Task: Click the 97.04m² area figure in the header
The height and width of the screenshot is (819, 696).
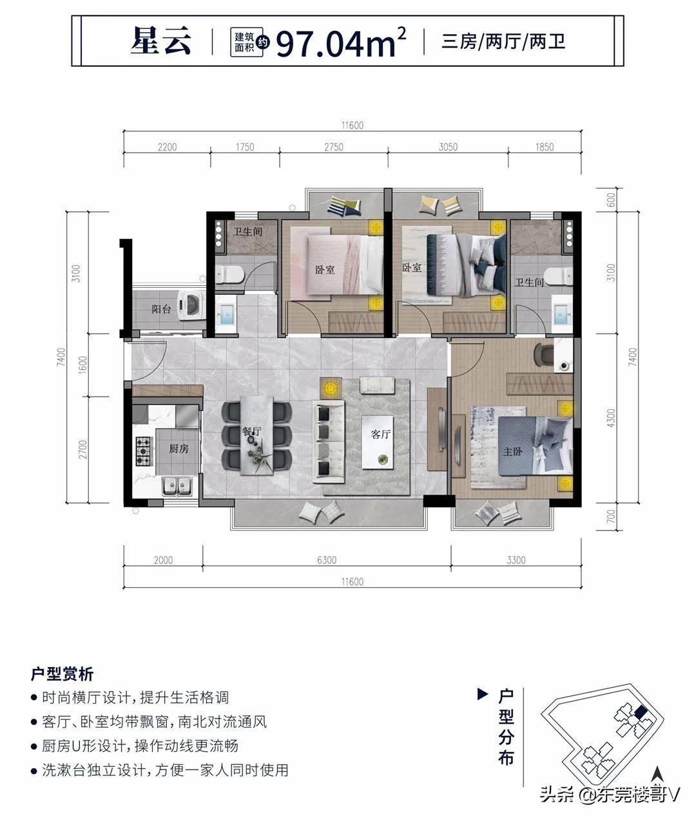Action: click(341, 42)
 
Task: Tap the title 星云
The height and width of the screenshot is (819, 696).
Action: click(161, 41)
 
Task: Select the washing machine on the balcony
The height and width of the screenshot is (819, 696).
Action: click(191, 305)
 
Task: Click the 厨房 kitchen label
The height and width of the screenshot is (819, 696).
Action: click(179, 448)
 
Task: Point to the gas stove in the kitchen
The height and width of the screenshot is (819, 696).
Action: click(144, 451)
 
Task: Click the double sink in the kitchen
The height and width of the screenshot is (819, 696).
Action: click(177, 486)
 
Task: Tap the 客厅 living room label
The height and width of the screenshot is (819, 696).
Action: click(380, 434)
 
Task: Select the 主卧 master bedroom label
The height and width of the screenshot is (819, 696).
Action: click(512, 452)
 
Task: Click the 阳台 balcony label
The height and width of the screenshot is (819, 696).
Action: click(161, 309)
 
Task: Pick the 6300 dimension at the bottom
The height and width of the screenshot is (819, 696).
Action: click(327, 560)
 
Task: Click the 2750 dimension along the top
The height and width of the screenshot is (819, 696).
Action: click(334, 147)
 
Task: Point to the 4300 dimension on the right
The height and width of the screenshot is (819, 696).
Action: click(611, 418)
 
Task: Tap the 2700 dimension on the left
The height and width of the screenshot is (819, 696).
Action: click(82, 449)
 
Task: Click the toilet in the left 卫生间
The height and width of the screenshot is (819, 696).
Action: click(229, 274)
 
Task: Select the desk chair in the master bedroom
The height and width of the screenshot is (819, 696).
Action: click(543, 354)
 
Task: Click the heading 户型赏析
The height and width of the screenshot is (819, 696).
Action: click(63, 674)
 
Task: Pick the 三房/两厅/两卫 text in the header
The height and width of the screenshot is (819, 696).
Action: click(503, 42)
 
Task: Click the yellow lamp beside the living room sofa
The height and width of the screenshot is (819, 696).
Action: click(331, 388)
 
